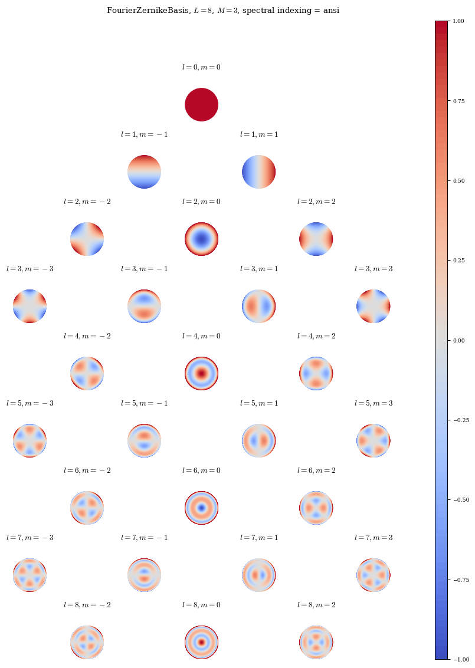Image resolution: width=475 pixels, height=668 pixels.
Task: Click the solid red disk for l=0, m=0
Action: (201, 104)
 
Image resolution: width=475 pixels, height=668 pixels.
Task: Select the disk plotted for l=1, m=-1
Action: (144, 172)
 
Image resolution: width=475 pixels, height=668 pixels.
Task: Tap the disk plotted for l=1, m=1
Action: (258, 172)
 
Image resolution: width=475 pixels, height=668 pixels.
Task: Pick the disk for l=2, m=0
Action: (201, 239)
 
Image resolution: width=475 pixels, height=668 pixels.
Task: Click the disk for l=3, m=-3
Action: (30, 306)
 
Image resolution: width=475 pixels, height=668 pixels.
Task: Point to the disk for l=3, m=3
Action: (373, 306)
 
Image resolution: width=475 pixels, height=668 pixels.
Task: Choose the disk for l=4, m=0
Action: (201, 373)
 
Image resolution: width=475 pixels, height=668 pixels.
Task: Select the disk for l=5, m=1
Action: (258, 440)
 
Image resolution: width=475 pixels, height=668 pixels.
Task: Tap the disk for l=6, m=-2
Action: (87, 508)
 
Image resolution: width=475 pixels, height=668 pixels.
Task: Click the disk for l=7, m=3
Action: (373, 575)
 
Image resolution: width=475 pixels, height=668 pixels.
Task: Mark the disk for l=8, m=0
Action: (201, 642)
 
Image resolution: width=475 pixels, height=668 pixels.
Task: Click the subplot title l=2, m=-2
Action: (87, 202)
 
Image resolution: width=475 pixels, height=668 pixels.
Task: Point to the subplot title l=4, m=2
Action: (316, 336)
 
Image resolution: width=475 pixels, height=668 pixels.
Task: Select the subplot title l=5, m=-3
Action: (30, 403)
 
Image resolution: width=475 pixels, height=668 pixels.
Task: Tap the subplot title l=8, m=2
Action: (316, 605)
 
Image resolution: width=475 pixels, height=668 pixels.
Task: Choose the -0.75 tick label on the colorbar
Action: (460, 580)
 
